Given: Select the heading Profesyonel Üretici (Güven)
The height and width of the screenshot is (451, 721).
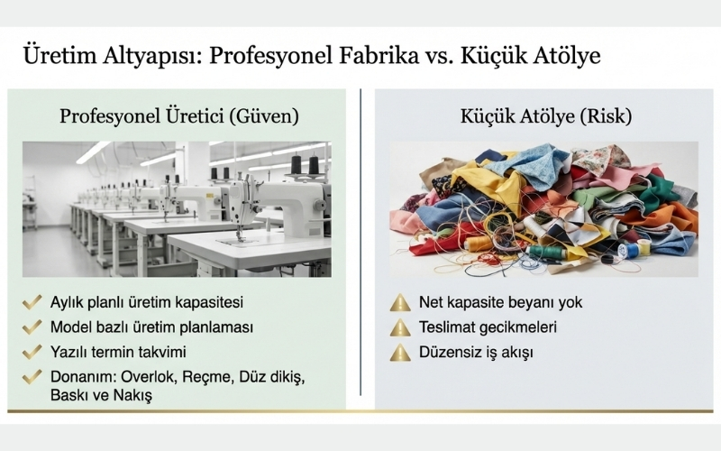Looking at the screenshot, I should coord(179,116).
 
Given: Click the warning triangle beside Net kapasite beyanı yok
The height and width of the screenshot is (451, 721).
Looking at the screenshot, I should coord(400,302).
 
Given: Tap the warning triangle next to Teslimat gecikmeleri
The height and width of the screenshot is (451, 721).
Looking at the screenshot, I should coord(400,327).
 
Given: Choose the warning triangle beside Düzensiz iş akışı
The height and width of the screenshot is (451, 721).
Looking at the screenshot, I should coord(400,352).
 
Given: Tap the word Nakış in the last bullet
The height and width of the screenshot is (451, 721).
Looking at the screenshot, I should coord(132,395).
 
